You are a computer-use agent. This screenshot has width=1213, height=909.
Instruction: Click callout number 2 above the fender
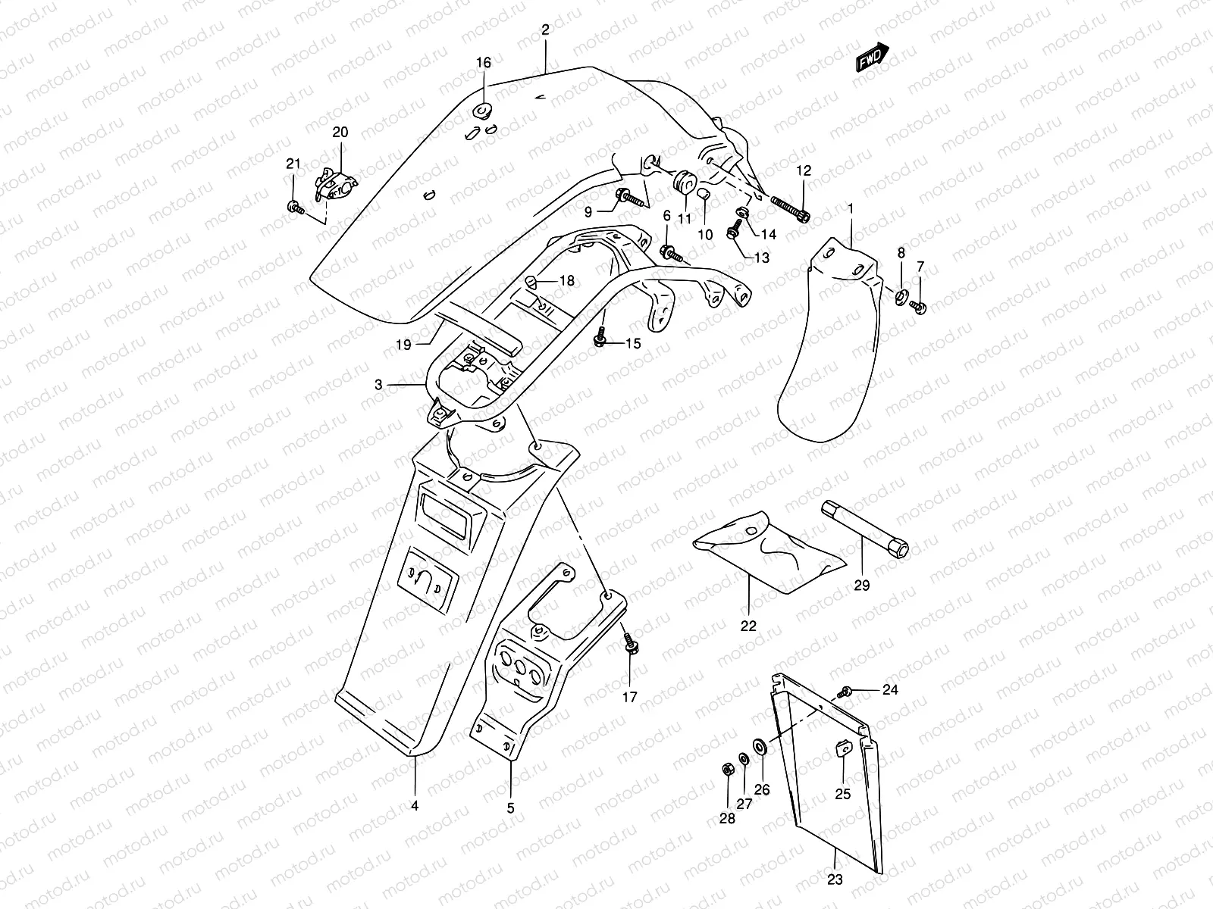545,30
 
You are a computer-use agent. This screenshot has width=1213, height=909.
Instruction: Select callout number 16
484,63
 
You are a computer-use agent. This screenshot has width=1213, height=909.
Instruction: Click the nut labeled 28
726,770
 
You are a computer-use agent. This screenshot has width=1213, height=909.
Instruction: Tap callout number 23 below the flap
834,880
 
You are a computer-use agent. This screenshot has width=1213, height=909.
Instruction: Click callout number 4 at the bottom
415,805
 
